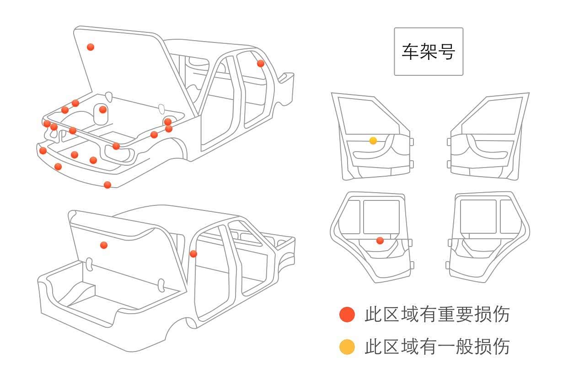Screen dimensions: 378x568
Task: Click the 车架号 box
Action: click(x=429, y=52)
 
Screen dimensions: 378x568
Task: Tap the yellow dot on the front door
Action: click(x=373, y=141)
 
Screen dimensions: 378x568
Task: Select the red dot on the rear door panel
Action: click(x=380, y=241)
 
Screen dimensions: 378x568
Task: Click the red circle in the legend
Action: click(x=347, y=315)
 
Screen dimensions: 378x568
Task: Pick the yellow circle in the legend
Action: click(x=347, y=347)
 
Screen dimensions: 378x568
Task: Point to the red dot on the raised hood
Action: click(x=91, y=47)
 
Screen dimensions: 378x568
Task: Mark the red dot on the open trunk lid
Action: click(x=104, y=245)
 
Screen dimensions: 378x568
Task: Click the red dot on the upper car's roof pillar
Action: click(x=261, y=63)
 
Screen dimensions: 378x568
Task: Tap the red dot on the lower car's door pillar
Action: click(x=193, y=254)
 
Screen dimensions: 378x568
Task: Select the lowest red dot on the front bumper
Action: click(x=107, y=185)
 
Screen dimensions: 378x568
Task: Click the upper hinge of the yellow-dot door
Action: click(x=411, y=142)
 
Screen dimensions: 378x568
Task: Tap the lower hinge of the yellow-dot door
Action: click(x=411, y=164)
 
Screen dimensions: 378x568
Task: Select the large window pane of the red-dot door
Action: click(x=381, y=217)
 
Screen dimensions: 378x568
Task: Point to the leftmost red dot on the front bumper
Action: click(x=43, y=151)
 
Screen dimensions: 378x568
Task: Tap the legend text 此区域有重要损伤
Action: click(x=437, y=315)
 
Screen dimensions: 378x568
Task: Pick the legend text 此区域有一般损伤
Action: click(x=437, y=347)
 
